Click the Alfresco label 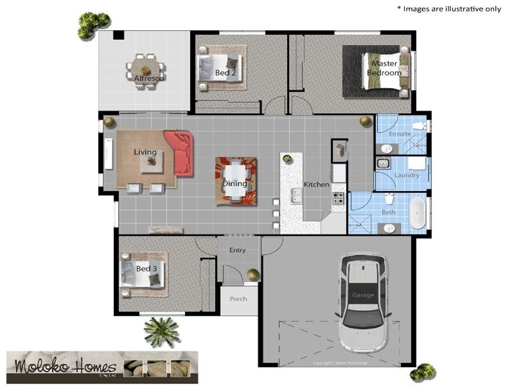pos(148,78)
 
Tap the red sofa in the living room pos(180,153)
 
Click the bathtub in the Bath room pos(418,213)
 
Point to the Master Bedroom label pos(384,69)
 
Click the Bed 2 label pos(226,73)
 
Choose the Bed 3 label pos(146,268)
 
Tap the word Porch pos(238,299)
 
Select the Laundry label pos(407,175)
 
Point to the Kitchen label pos(316,185)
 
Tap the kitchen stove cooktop pos(338,199)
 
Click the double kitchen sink pos(296,196)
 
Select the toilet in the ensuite pos(419,125)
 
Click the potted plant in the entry pos(253,274)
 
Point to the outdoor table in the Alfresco pos(145,68)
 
